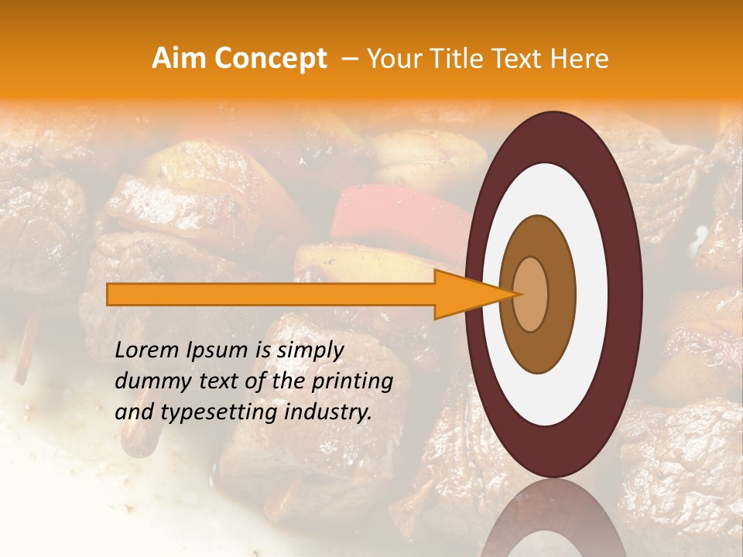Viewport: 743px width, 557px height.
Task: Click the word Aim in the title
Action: point(180,59)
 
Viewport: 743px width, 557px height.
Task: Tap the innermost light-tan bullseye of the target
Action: point(531,294)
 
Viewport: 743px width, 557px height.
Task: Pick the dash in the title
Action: point(350,60)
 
